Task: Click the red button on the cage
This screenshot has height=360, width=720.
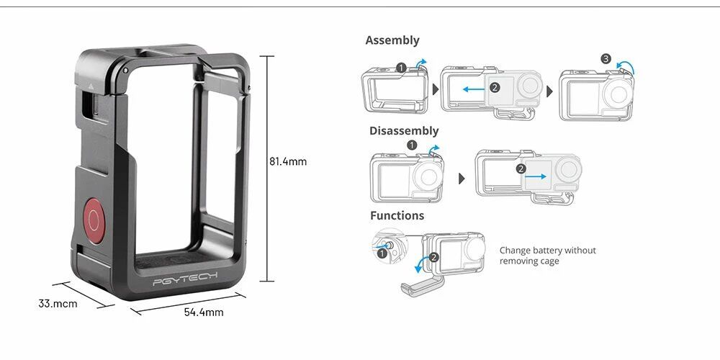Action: (x=94, y=221)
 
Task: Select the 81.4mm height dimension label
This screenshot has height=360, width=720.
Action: (x=288, y=161)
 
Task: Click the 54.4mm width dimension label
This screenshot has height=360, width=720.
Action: (x=204, y=312)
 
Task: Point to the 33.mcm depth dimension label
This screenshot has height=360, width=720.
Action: (x=58, y=304)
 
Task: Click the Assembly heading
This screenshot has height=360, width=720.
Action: (x=392, y=40)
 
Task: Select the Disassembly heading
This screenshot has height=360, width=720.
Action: (x=404, y=131)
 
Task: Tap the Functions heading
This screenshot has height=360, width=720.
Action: (x=397, y=215)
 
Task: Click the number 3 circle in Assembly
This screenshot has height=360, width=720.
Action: (x=606, y=59)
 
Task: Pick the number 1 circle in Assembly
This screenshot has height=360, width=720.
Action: (x=401, y=68)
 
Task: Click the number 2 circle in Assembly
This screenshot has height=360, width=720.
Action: (x=494, y=87)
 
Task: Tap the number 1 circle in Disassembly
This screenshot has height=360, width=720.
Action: (x=412, y=145)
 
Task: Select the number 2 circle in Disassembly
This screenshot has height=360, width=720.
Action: (x=521, y=169)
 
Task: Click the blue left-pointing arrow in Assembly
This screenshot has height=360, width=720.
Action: (x=474, y=89)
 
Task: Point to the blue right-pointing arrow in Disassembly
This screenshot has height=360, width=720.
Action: (x=536, y=176)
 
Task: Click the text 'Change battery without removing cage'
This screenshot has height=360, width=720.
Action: (x=547, y=256)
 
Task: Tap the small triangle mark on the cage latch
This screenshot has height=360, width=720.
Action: (x=91, y=86)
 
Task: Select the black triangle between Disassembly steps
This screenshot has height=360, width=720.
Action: (x=462, y=179)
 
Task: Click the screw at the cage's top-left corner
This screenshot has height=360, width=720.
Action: (x=125, y=71)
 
